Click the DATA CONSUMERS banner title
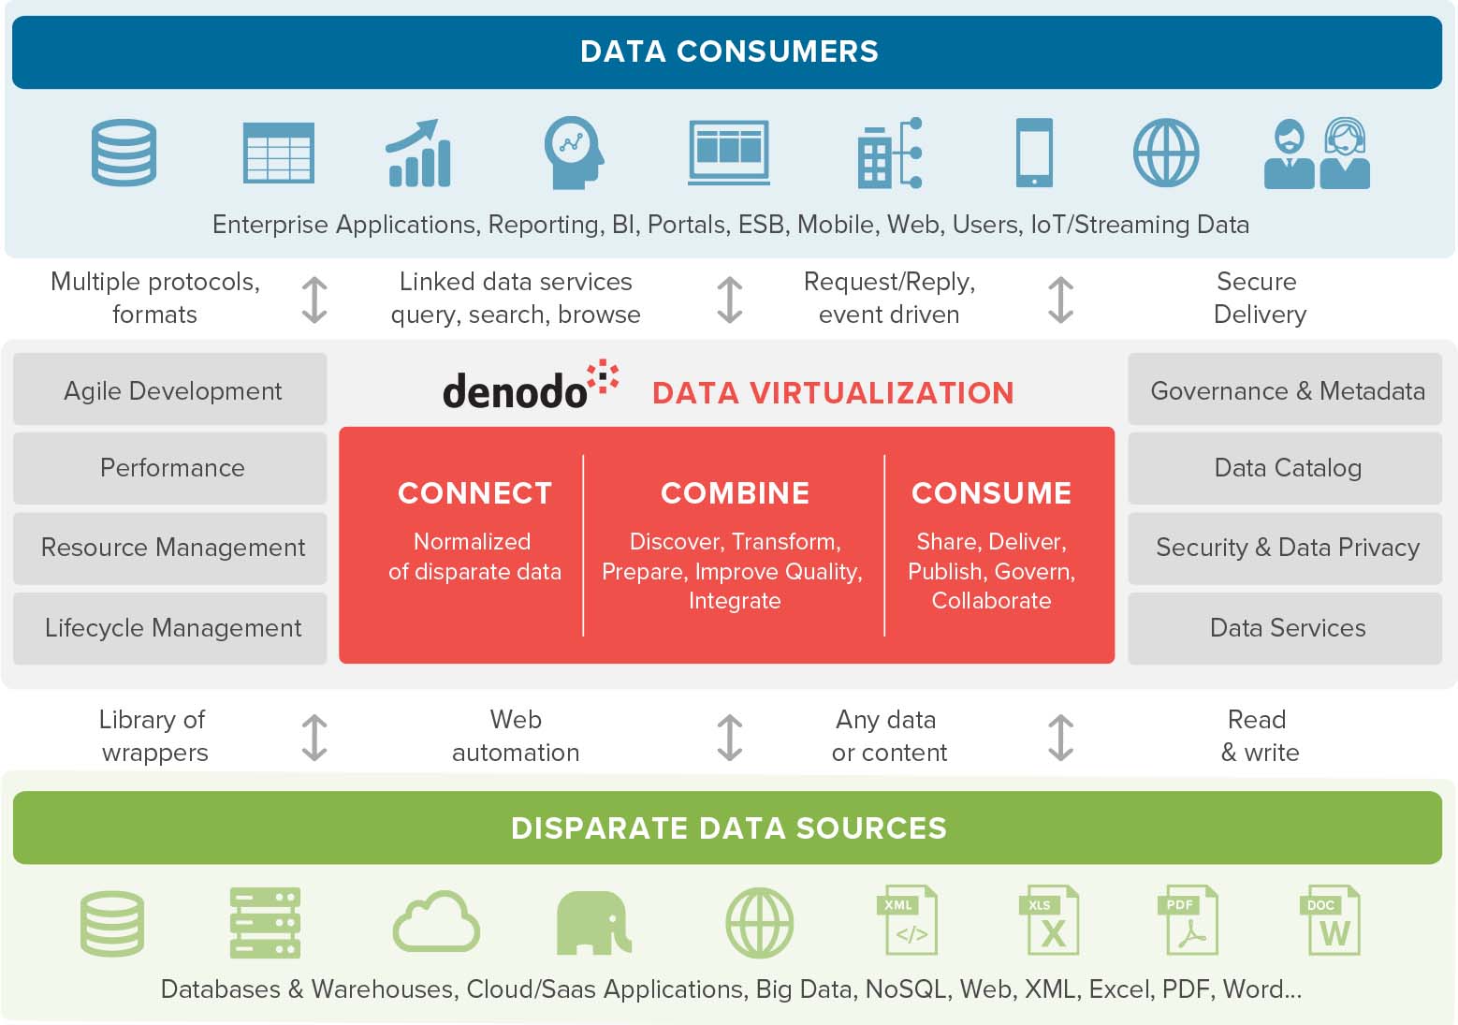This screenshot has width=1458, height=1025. coord(729,51)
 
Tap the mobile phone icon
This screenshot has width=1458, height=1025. coord(1034,153)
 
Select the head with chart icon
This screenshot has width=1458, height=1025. coord(574,153)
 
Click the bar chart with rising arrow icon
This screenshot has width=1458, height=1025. coord(418,153)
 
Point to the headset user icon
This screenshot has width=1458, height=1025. coord(1345,153)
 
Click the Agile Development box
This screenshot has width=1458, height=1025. coord(170,389)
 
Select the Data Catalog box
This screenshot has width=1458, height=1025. coord(1285,467)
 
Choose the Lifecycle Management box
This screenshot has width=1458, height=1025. coord(170,628)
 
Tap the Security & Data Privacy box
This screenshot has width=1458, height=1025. coord(1285,548)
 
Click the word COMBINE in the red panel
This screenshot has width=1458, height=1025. coord(735,493)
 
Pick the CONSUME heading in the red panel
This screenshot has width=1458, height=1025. coord(991,493)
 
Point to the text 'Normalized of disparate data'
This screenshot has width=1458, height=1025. coord(474,556)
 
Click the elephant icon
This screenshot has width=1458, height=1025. coord(593,923)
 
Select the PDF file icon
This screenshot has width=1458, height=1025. coord(1188,920)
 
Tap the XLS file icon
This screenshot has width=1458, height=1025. coord(1049,920)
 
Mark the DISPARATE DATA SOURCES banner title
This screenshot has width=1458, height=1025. coord(729,828)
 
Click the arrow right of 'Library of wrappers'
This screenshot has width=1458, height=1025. coord(314,738)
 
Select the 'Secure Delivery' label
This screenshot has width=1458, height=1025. coord(1260,298)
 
